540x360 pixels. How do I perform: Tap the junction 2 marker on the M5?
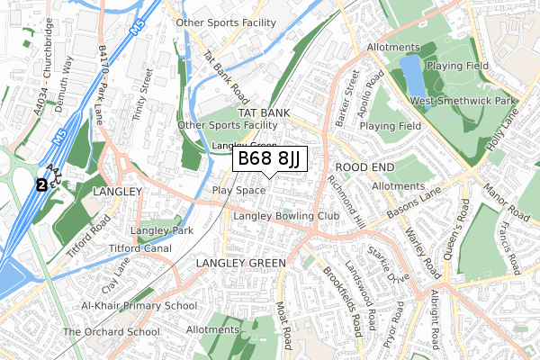(x=40, y=184)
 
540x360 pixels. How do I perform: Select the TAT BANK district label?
(x=264, y=112)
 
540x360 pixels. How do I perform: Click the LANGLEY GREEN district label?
(x=240, y=263)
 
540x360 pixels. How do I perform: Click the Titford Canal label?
(x=140, y=247)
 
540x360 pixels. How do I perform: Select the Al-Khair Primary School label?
(x=139, y=306)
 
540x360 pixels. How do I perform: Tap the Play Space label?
(x=238, y=191)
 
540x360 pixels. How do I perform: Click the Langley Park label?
(x=162, y=231)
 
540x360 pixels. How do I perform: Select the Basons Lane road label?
(x=415, y=206)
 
